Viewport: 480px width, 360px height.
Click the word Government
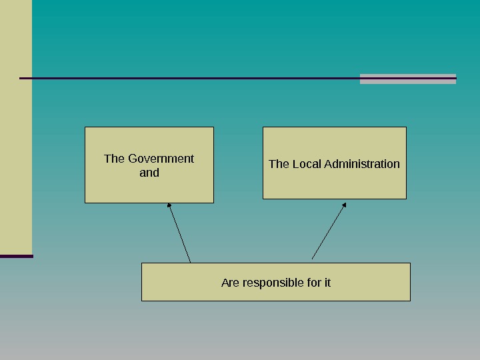point(161,159)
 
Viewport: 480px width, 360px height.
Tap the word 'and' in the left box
point(149,173)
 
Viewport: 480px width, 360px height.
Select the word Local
point(306,164)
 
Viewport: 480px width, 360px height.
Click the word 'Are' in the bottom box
point(230,283)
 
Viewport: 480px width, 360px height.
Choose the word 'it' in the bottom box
point(327,283)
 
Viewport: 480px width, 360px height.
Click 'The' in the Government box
point(114,159)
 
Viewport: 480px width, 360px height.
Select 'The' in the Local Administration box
point(279,164)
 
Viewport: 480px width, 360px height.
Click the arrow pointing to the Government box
point(180,233)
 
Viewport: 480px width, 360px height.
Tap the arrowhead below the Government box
point(169,205)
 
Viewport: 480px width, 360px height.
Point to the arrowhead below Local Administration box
point(344,205)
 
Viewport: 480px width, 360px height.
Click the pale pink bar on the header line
point(407,79)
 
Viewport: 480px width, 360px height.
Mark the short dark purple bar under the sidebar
point(16,256)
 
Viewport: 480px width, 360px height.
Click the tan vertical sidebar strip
point(16,133)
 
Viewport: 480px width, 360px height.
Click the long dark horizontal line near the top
point(187,78)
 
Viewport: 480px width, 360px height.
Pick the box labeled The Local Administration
point(334,183)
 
